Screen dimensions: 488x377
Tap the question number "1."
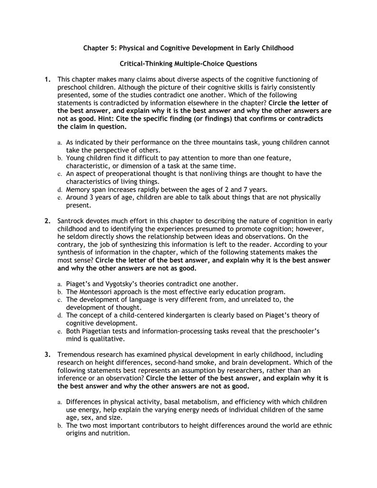pyautogui.click(x=48, y=79)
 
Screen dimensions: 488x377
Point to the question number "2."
pyautogui.click(x=48, y=221)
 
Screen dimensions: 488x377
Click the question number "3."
pyautogui.click(x=48, y=354)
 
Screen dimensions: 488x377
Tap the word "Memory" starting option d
pyautogui.click(x=78, y=189)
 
